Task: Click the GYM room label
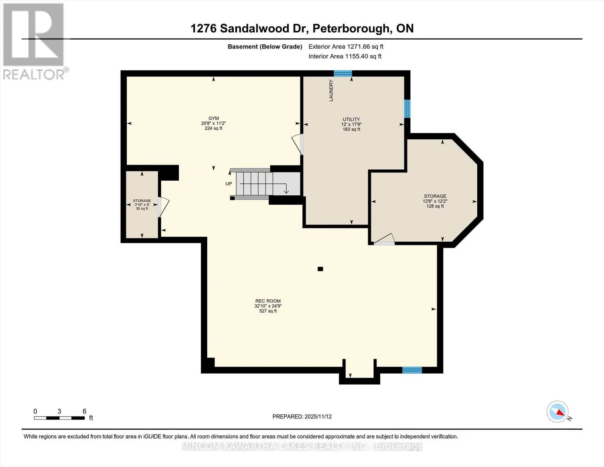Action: (x=214, y=118)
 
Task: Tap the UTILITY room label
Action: (x=351, y=119)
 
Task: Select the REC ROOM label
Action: (x=268, y=301)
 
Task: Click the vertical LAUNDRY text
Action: (x=331, y=91)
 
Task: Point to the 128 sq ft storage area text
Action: (x=435, y=206)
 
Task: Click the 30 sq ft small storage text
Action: (x=142, y=209)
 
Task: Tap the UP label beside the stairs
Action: (x=229, y=184)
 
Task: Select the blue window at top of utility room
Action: (x=343, y=74)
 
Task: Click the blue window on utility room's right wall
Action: (x=407, y=109)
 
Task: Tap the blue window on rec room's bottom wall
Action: (x=412, y=370)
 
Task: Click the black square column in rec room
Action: (x=320, y=269)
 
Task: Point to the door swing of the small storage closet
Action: (x=163, y=207)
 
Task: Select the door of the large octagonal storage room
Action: (x=384, y=240)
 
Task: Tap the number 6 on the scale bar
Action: (x=84, y=411)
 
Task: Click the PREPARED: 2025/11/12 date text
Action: (x=302, y=416)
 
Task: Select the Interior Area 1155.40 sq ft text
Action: (x=345, y=56)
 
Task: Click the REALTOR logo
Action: (x=34, y=41)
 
